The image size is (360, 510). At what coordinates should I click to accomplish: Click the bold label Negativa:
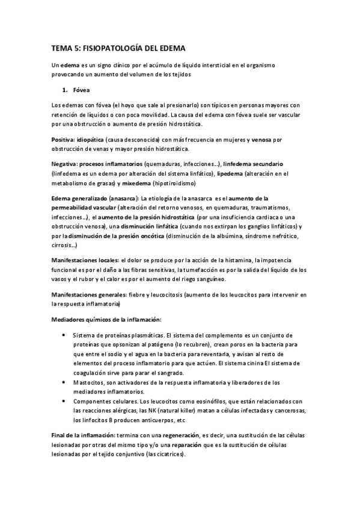(x=65, y=164)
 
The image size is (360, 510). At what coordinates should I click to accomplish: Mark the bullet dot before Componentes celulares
(x=64, y=402)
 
